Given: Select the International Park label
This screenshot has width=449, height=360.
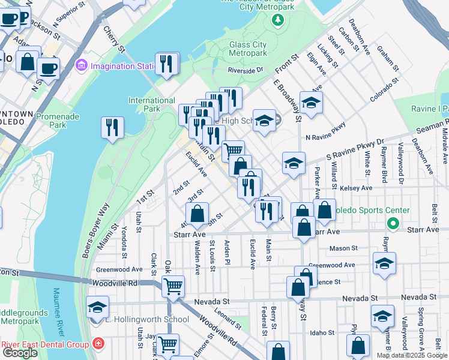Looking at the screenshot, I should tap(152, 104).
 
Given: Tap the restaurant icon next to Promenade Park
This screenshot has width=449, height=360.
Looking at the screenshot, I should tap(112, 127).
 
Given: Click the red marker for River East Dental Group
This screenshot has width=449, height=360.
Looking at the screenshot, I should tap(98, 344).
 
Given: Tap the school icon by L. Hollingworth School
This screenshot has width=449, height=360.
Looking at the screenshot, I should tap(97, 307).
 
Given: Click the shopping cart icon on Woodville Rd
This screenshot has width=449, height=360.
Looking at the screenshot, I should tap(173, 287).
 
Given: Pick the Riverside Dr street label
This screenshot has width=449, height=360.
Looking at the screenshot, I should tap(245, 70).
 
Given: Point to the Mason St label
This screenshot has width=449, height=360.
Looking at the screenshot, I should tap(343, 247).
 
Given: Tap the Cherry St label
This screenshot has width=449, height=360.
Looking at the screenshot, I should tap(113, 38).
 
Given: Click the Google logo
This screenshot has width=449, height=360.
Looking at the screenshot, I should tap(20, 353).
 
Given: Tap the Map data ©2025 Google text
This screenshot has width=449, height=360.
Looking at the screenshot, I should tap(412, 355).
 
